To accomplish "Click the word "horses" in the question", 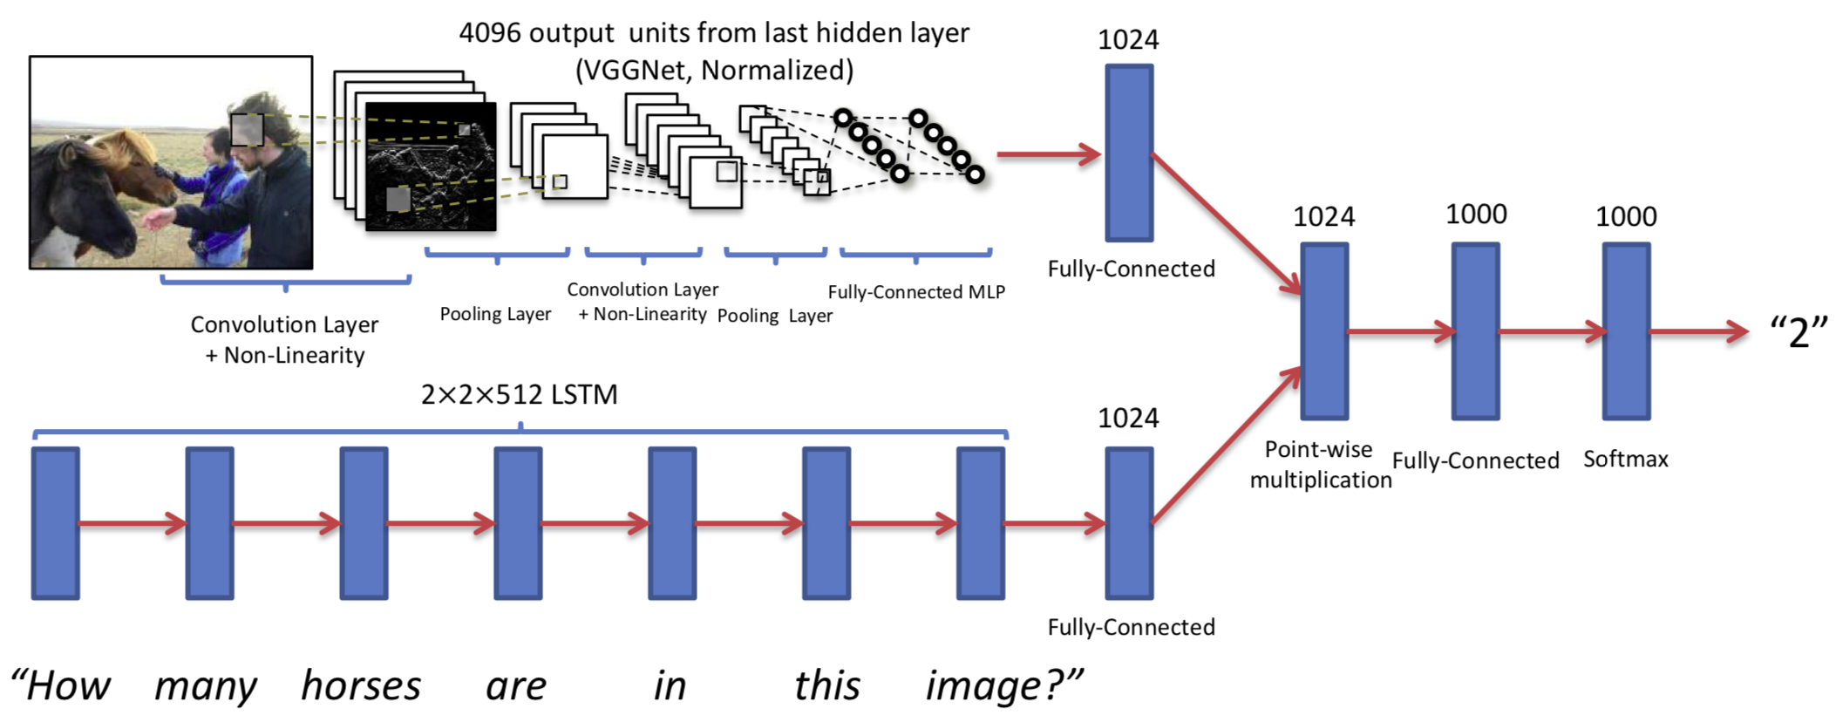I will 361,685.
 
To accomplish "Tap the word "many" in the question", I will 206,685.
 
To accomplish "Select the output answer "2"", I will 1798,332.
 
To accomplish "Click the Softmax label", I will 1625,459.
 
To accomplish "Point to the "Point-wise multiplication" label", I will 1320,465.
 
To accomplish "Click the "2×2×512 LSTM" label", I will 519,395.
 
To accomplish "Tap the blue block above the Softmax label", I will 1626,331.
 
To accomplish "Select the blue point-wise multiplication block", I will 1324,331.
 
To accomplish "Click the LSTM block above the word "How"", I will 56,523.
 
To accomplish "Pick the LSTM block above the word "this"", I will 826,523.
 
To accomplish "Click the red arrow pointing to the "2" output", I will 1698,331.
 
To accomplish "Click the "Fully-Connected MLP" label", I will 915,292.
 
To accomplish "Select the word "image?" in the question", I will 1003,685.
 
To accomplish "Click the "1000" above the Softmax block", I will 1626,216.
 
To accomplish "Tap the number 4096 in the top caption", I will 490,33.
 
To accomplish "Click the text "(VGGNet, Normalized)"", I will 714,70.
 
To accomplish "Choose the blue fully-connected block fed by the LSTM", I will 1129,523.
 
